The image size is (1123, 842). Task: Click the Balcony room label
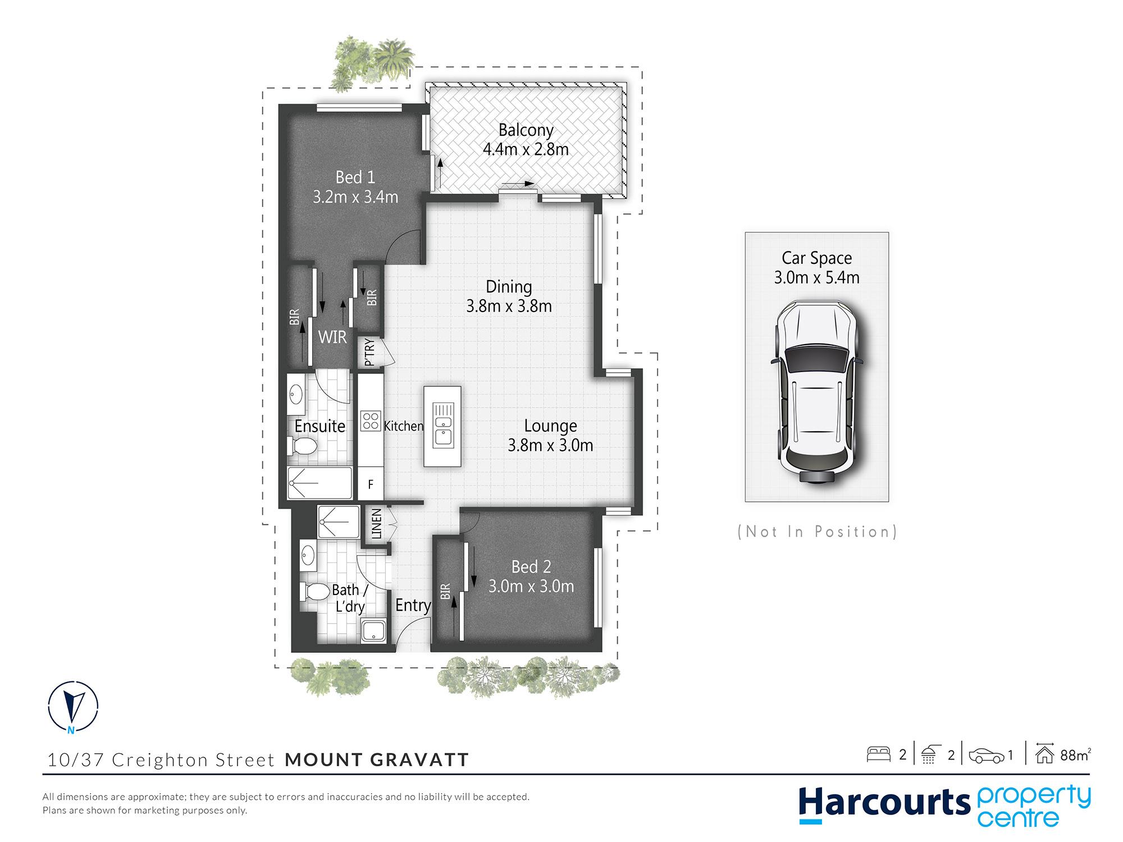tap(526, 130)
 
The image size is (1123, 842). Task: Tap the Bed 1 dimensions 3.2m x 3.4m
tap(355, 197)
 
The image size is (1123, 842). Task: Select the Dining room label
tap(509, 287)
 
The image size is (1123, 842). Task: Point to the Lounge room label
tap(550, 426)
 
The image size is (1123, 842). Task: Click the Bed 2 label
tap(531, 567)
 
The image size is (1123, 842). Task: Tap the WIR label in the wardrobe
tap(332, 337)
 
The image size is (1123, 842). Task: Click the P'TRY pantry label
tap(369, 352)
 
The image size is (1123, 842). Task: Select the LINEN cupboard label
tap(376, 524)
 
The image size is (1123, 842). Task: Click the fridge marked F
tap(371, 484)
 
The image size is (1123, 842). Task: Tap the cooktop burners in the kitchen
tap(371, 421)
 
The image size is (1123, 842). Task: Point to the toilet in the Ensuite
tap(302, 446)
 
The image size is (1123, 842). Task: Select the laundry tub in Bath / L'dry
tap(373, 631)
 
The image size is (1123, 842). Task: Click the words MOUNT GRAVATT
tap(377, 760)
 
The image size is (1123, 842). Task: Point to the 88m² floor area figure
tap(1075, 755)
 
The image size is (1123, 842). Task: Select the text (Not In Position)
tap(817, 532)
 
